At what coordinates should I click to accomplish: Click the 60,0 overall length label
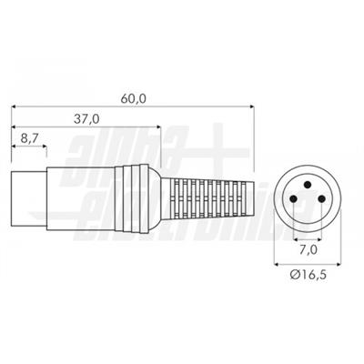tap(133, 99)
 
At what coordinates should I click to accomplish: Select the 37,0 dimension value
tap(86, 119)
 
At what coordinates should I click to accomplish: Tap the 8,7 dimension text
tap(29, 138)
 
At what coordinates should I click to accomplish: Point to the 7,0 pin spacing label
tap(308, 250)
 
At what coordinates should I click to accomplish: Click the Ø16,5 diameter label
tap(308, 275)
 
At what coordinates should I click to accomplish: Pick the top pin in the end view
tap(308, 184)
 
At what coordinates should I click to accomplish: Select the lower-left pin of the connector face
tap(293, 199)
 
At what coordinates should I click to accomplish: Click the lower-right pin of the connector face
tap(321, 199)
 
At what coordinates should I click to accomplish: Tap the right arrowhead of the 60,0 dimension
tap(251, 106)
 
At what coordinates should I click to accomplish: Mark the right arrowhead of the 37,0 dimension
tap(157, 126)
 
